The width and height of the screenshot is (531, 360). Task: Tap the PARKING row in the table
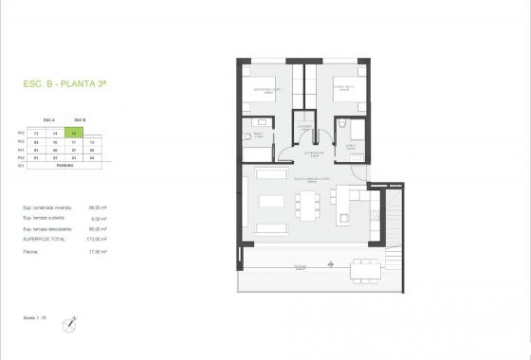65,165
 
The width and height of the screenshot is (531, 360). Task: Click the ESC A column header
50,120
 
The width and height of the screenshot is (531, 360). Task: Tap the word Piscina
32,252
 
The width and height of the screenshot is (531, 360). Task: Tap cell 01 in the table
36,157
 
